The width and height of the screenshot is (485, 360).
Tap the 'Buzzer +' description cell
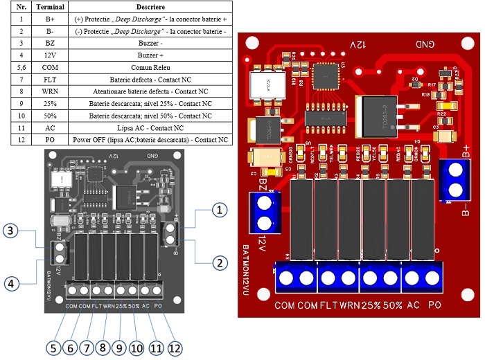[x=150, y=56]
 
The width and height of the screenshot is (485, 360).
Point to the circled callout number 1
[x=220, y=208]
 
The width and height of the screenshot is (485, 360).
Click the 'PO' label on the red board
[x=434, y=305]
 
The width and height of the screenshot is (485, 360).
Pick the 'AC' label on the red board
[x=414, y=305]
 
